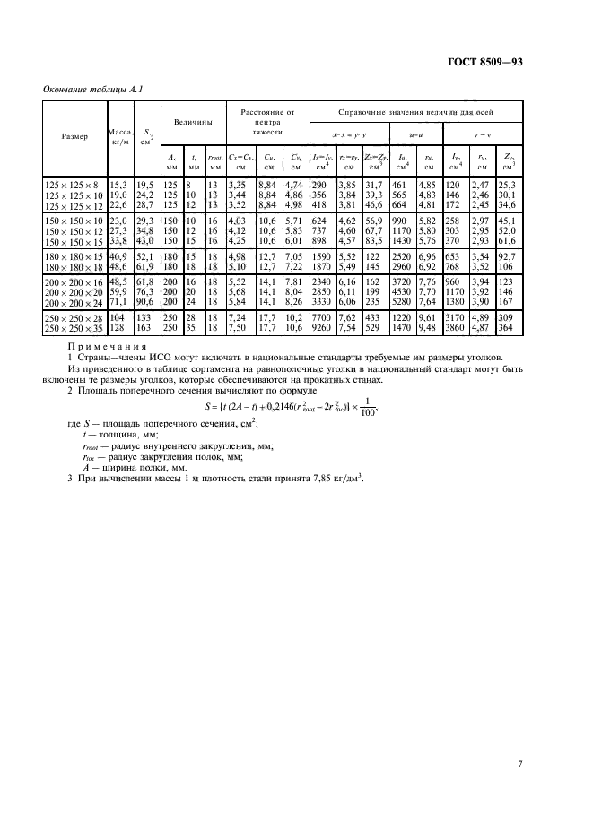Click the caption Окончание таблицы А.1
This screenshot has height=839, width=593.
(x=87, y=89)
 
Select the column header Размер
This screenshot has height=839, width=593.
(x=75, y=136)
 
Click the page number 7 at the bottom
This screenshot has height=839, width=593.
(x=520, y=739)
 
